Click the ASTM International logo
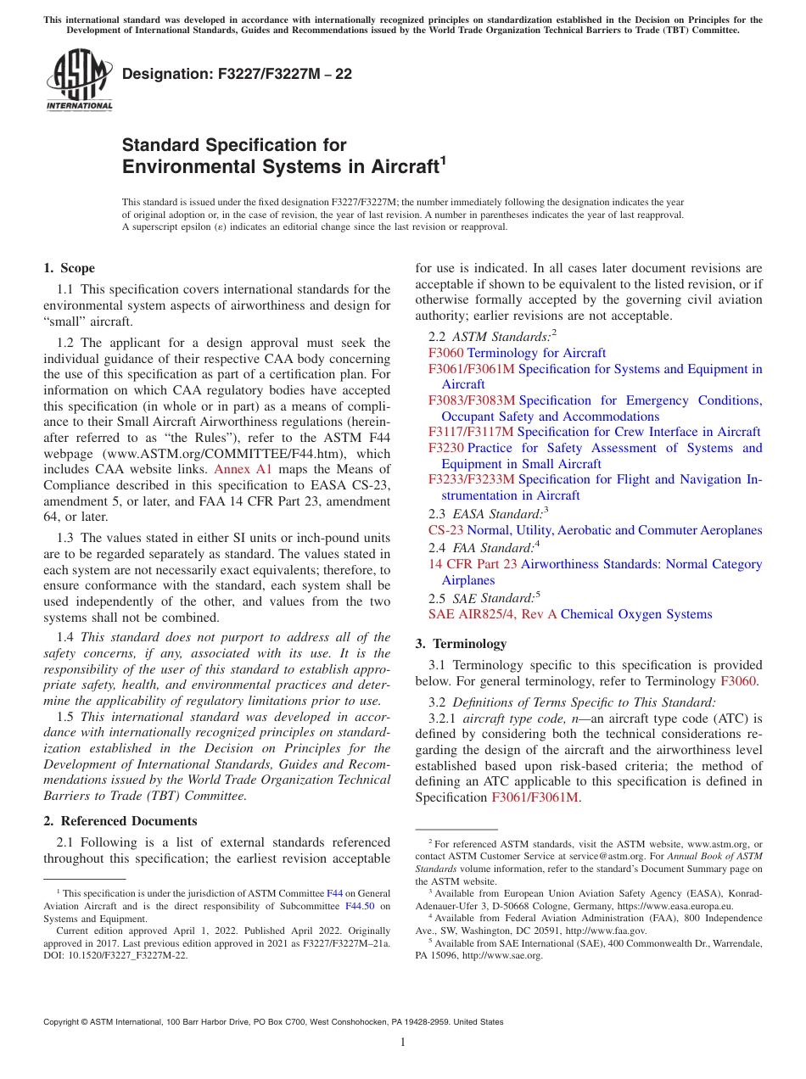[x=78, y=81]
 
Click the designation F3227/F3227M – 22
[x=237, y=75]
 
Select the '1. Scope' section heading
[x=69, y=268]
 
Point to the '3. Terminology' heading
[x=468, y=643]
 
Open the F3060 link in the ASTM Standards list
[x=446, y=353]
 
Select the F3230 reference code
[x=446, y=448]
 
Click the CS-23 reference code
[x=446, y=530]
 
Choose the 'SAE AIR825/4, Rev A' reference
[x=492, y=614]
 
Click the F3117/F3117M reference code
[x=471, y=432]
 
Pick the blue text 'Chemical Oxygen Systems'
[x=636, y=614]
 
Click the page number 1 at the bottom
[x=403, y=1042]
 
